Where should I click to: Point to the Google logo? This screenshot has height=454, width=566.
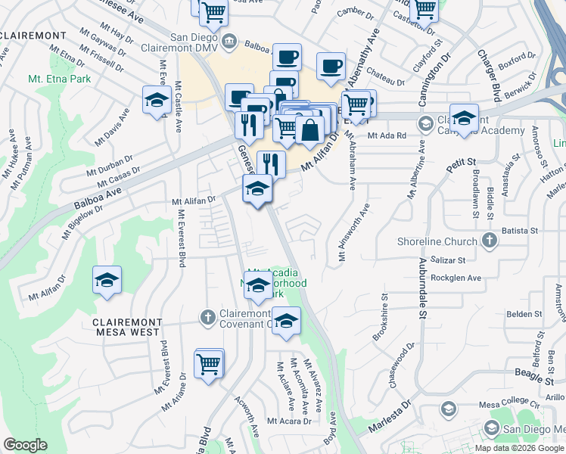[x=25, y=445]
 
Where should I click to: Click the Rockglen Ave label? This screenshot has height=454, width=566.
[x=456, y=278]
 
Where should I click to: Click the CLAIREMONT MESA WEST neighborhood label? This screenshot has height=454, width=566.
[x=126, y=327]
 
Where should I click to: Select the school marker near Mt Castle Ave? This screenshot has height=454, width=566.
[x=157, y=101]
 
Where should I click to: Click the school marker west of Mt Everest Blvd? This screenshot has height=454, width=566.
[x=107, y=280]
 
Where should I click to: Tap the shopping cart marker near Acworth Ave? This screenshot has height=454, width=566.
[x=209, y=363]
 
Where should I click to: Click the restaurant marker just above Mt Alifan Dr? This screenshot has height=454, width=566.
[x=271, y=163]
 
